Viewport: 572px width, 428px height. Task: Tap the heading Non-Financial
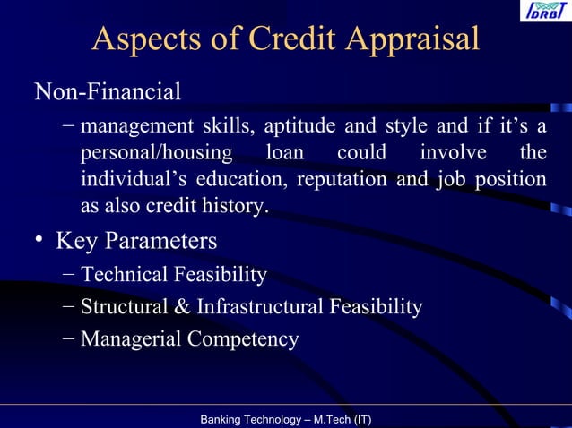(108, 91)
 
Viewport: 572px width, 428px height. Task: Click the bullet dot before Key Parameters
(39, 243)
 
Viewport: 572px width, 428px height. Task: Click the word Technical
(126, 274)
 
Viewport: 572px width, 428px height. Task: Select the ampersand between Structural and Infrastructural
(181, 307)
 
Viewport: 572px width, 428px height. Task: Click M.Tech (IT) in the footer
(341, 419)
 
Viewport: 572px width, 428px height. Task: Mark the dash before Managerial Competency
(70, 338)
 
